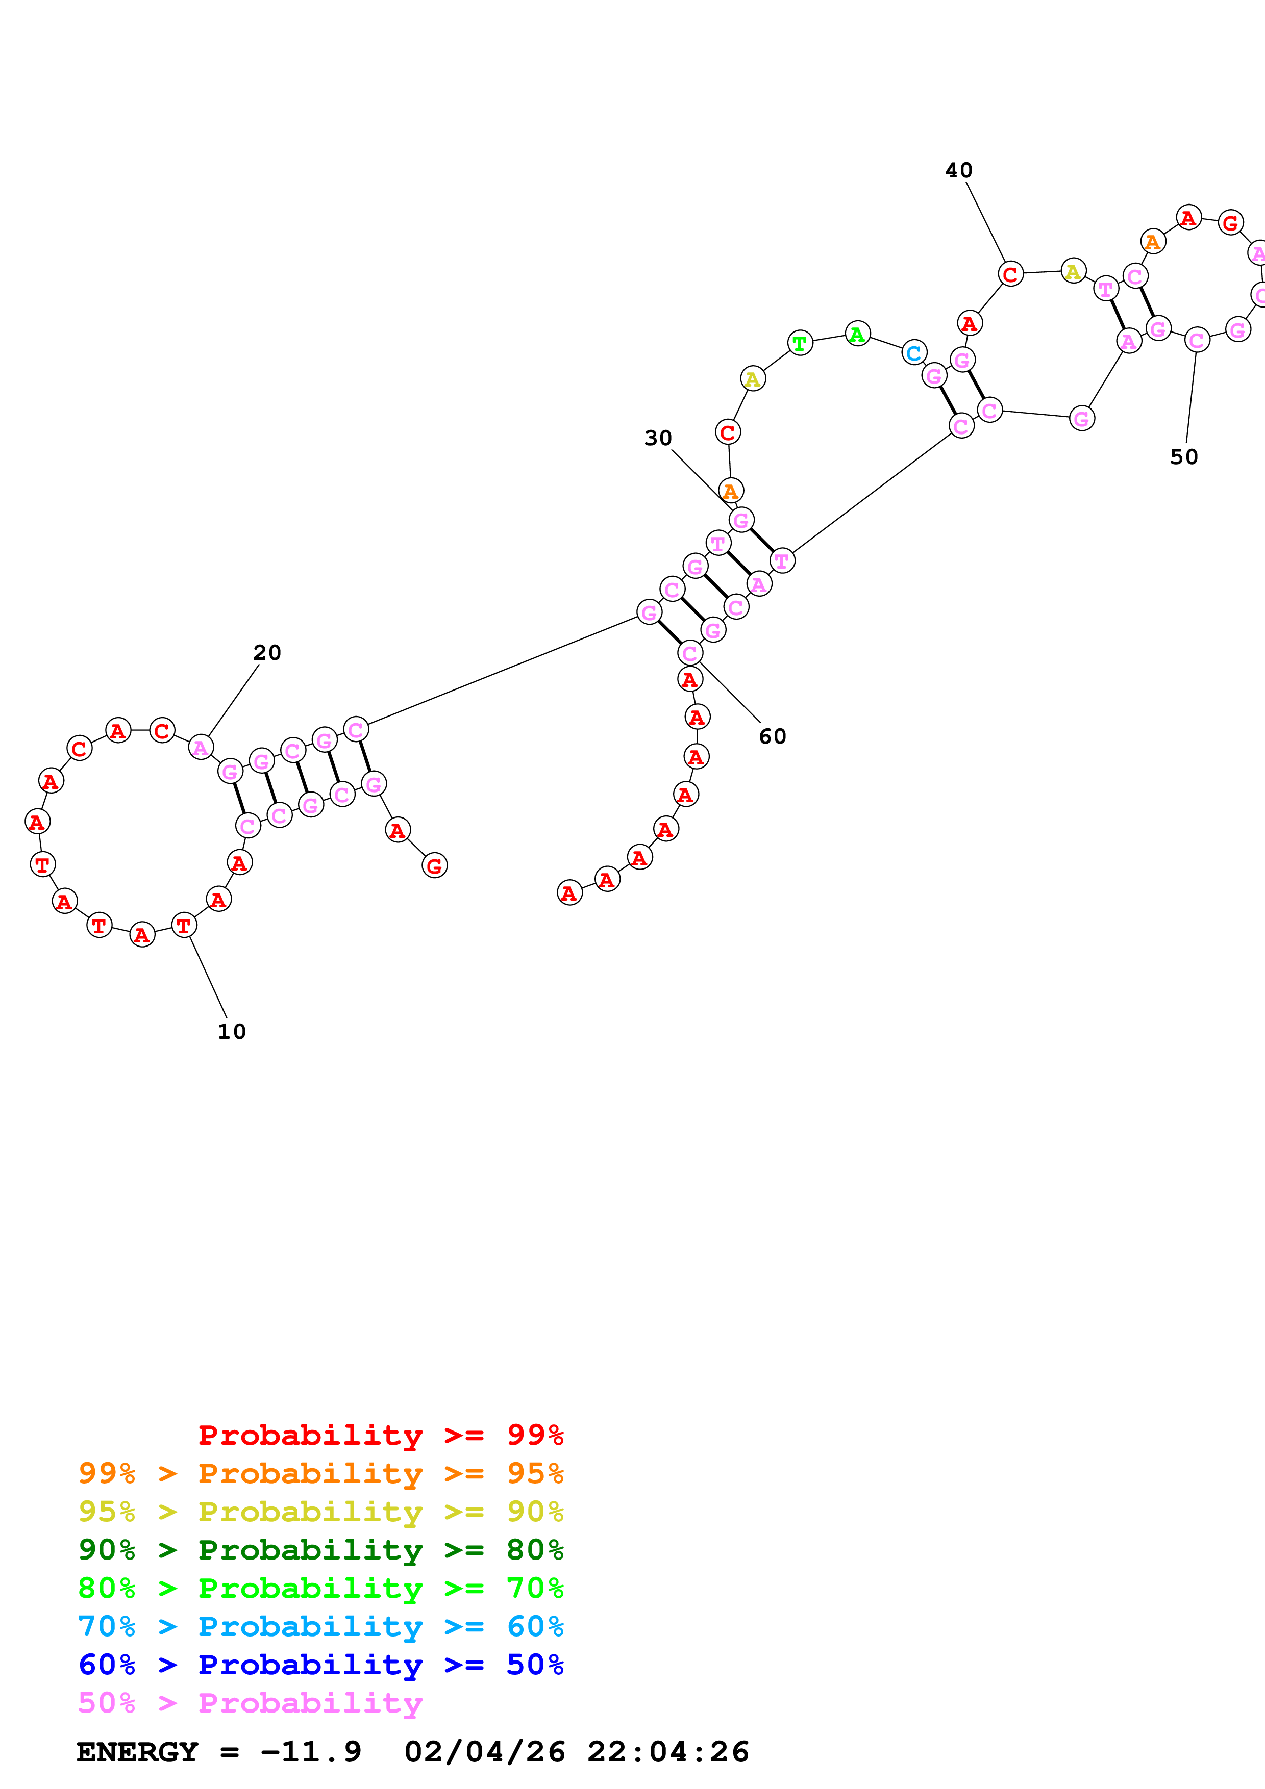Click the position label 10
[232, 1032]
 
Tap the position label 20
[266, 652]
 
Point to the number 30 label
[658, 438]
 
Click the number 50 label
[1183, 456]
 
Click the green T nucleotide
[800, 343]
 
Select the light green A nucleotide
[857, 334]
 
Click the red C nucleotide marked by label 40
[1010, 274]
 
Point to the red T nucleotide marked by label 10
[184, 925]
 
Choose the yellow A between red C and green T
[752, 379]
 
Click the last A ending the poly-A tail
[570, 893]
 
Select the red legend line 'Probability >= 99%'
[380, 1435]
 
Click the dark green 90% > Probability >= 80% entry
[320, 1550]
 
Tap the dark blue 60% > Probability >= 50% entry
[320, 1665]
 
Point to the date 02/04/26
[485, 1752]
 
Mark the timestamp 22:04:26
[668, 1752]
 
